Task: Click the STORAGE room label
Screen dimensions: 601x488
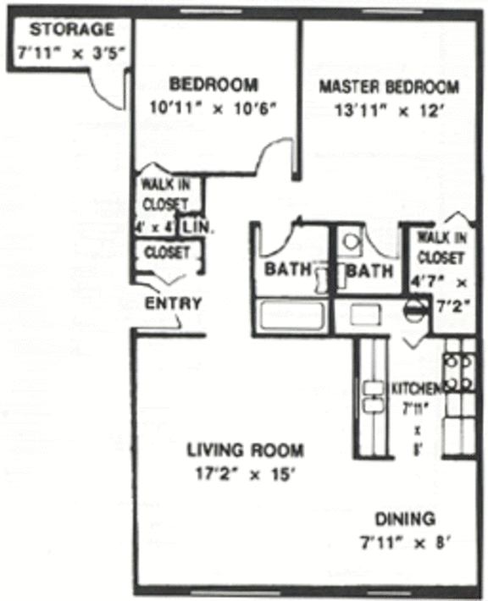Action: tap(71, 30)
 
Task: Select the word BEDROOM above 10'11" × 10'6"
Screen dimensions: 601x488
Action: tap(213, 85)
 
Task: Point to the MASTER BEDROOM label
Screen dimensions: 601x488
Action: tap(389, 86)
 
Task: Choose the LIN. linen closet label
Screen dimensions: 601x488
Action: tap(196, 227)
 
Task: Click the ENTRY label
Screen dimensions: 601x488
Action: tap(174, 304)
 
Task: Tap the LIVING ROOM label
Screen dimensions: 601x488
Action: tap(246, 450)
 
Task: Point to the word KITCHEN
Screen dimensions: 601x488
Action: tap(416, 389)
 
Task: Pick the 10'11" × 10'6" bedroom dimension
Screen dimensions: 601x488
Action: tap(213, 108)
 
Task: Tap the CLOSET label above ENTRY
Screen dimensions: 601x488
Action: tap(167, 252)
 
